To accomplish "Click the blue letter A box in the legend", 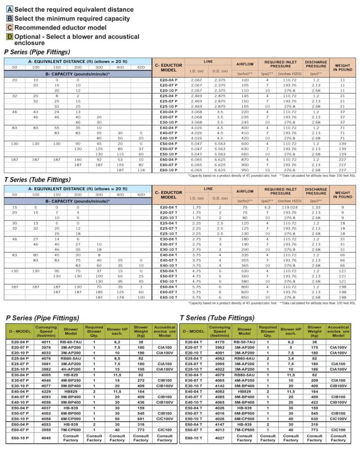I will (x=9, y=9).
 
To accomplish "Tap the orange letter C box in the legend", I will (x=9, y=27).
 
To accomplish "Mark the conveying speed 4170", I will (x=219, y=342).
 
